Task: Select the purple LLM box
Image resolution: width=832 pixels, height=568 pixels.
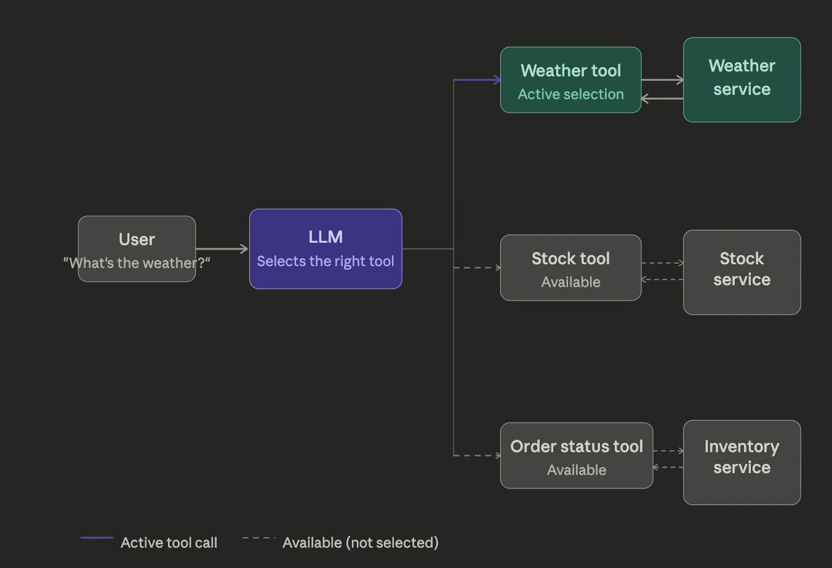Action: point(326,248)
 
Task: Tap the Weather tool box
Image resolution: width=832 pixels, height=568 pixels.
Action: point(570,79)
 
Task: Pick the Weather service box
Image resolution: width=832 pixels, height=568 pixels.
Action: point(742,79)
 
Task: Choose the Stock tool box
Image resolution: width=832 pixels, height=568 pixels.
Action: point(570,267)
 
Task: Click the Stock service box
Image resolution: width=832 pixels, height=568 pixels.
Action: point(742,272)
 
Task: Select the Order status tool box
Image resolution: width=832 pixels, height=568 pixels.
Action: point(576,455)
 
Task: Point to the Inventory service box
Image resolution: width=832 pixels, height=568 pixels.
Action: point(742,462)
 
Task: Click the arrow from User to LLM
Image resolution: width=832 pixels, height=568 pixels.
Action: point(222,249)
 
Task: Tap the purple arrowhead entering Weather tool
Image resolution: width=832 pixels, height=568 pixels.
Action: point(497,79)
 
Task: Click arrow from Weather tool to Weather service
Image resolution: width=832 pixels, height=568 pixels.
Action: point(662,79)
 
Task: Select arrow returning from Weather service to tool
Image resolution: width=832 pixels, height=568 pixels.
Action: point(662,98)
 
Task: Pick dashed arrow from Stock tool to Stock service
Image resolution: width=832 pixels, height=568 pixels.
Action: point(662,263)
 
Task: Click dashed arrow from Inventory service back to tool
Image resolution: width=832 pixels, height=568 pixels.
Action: point(668,467)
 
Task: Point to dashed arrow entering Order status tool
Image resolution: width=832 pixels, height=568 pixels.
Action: point(477,455)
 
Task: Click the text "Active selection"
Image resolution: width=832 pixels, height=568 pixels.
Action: point(570,94)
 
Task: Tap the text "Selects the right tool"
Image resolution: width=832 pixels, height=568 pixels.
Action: point(326,261)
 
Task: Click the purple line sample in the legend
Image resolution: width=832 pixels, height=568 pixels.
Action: point(97,538)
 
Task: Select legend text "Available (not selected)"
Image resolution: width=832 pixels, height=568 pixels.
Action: point(360,543)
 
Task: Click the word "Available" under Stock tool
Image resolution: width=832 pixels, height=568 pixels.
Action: point(570,282)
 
